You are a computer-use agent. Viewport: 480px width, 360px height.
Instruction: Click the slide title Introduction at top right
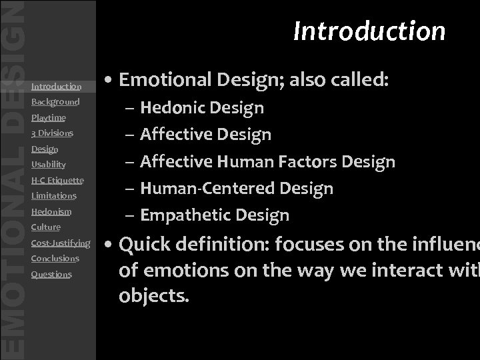point(369,31)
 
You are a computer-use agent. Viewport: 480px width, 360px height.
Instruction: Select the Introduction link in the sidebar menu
point(56,87)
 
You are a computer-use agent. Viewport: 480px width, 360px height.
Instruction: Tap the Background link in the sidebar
point(55,102)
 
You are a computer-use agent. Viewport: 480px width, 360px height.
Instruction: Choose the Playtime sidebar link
point(49,118)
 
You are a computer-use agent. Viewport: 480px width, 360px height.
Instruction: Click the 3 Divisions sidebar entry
point(52,133)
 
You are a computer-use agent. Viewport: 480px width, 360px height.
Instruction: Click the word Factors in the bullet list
point(311,161)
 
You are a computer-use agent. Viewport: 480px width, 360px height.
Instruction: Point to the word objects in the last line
point(151,296)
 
